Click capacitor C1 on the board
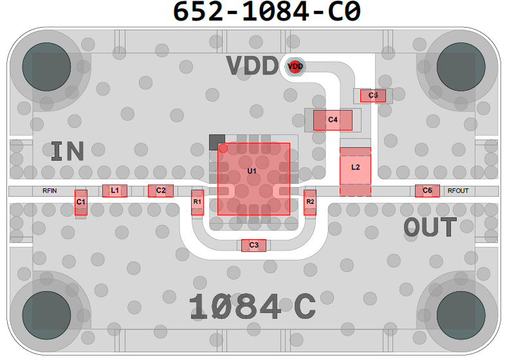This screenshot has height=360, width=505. click(81, 203)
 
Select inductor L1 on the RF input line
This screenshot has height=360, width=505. click(115, 191)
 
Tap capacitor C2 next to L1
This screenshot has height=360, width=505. click(161, 191)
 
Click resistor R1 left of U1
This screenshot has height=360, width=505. click(197, 203)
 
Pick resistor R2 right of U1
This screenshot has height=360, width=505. click(310, 203)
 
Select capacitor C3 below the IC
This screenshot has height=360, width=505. click(254, 246)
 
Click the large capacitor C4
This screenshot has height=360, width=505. click(333, 120)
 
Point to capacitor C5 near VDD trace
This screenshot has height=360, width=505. click(373, 96)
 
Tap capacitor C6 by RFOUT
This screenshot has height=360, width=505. click(427, 191)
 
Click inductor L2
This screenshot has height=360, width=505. click(356, 172)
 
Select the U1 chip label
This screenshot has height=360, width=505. click(252, 171)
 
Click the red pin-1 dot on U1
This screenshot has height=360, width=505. click(223, 148)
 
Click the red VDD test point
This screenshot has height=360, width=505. click(295, 67)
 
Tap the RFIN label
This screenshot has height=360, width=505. click(50, 191)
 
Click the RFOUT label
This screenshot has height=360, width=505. click(458, 191)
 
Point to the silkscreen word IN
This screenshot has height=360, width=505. click(68, 151)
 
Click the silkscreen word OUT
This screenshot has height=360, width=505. click(430, 227)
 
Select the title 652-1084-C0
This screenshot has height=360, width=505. click(267, 12)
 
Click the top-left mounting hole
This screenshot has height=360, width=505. click(47, 67)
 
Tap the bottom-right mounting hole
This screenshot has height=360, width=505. click(461, 316)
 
